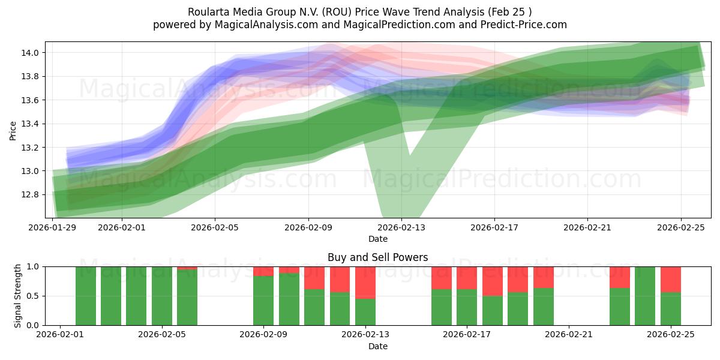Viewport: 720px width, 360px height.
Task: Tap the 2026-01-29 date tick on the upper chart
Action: pos(53,227)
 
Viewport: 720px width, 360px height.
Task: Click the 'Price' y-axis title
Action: pos(13,130)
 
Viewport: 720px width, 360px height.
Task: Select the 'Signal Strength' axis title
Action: pos(18,295)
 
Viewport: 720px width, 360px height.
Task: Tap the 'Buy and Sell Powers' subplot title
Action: pos(377,257)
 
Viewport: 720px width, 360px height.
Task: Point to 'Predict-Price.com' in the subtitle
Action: pos(520,25)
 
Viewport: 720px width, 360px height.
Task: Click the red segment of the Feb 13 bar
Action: pos(365,282)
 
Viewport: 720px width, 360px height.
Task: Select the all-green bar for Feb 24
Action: pos(645,296)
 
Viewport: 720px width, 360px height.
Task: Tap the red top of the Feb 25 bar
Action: pos(670,279)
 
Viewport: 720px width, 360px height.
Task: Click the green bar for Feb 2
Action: pos(86,296)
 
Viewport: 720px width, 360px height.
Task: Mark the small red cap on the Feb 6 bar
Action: pos(187,268)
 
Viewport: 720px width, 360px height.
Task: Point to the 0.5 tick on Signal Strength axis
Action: pos(33,296)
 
